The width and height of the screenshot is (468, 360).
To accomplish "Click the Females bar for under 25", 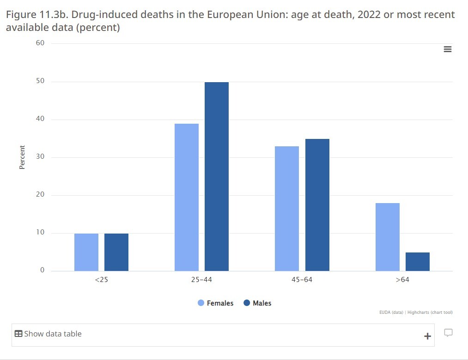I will coord(86,252).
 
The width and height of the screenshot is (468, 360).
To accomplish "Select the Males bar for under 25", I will coord(116,252).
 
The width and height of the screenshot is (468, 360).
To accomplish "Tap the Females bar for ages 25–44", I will coord(187,197).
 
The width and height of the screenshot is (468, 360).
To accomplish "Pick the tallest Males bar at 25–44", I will coord(217,176).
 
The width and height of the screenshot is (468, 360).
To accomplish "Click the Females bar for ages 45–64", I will coord(287,209).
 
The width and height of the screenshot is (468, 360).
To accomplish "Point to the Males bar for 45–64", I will coord(317,205).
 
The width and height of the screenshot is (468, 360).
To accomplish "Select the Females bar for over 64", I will coord(387,237).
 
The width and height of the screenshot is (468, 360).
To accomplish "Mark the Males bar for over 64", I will coord(418,261).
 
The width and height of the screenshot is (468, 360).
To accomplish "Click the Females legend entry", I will coord(216,303).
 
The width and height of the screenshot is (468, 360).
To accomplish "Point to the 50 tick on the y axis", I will coord(41,81).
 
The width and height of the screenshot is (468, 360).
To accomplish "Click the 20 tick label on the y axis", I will coord(41,195).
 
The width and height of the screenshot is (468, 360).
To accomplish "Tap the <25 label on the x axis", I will coord(101,280).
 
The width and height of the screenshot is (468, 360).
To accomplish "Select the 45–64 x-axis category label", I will coord(302,280).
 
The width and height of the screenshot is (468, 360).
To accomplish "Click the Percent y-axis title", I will coord(22,157).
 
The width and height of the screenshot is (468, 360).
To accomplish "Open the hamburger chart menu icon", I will coord(447,49).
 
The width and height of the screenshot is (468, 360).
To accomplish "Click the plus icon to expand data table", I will coord(427,336).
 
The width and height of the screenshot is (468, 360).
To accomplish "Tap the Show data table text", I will coord(53,334).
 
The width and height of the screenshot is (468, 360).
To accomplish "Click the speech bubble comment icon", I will coord(448,332).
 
